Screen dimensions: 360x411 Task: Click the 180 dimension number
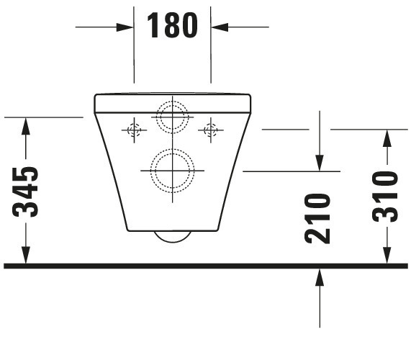(x=172, y=26)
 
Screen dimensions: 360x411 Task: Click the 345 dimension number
(x=27, y=192)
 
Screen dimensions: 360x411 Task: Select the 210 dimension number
(x=318, y=218)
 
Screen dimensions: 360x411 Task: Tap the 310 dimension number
(x=387, y=196)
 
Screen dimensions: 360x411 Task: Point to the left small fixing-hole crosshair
(x=133, y=130)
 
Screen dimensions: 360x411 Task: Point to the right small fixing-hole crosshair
(x=211, y=130)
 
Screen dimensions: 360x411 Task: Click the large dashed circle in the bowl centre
(x=172, y=170)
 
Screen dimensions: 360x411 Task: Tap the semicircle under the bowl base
(x=172, y=237)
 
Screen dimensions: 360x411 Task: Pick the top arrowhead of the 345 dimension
(x=27, y=126)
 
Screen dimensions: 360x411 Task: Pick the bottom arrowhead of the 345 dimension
(x=27, y=256)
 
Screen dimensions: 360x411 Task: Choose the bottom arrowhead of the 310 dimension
(x=387, y=256)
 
